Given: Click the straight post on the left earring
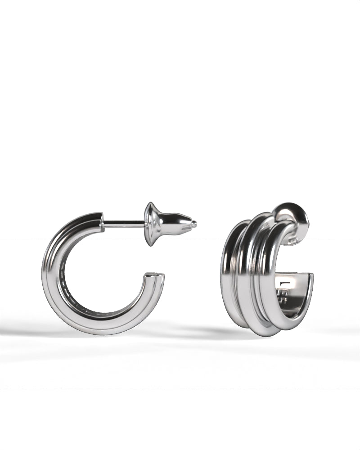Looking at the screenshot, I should tap(124, 222).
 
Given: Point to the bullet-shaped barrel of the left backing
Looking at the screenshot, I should tap(175, 224).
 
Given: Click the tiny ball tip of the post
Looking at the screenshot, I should tap(194, 224).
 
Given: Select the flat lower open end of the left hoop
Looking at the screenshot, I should tap(154, 276).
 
